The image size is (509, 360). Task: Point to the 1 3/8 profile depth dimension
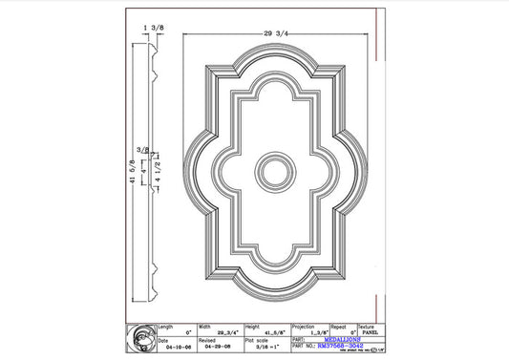[x=152, y=31]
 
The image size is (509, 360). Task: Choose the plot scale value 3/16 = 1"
[x=260, y=347]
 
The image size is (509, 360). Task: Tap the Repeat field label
[x=338, y=325]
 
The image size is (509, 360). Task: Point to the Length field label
[x=164, y=325]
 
